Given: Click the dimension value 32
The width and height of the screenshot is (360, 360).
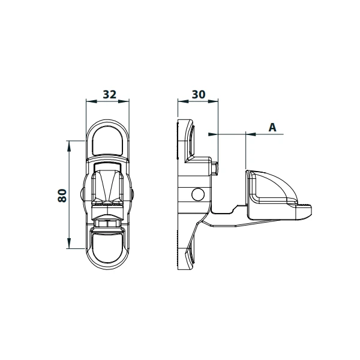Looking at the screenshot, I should point(108,95).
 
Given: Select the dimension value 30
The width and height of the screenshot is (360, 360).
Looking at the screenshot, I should point(197,95).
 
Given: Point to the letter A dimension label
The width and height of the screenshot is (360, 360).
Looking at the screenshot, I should point(271,127).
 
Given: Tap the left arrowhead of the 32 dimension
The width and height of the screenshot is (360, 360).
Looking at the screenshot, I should point(90,101).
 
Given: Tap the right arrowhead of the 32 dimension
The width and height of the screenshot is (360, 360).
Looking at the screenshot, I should point(126,101).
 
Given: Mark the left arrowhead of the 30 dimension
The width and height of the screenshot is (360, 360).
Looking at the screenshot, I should point(181,101).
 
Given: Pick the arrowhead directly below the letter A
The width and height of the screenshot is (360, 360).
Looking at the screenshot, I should point(250,134).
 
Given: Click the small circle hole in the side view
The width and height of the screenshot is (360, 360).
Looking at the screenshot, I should point(196,194).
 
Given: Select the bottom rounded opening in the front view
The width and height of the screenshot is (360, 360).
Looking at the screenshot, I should point(108,247).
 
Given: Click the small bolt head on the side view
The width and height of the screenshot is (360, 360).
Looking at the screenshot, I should point(214,168).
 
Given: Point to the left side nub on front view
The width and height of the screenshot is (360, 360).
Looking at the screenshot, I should point(82,194).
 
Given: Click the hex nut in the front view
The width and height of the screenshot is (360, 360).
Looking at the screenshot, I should point(108,223).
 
